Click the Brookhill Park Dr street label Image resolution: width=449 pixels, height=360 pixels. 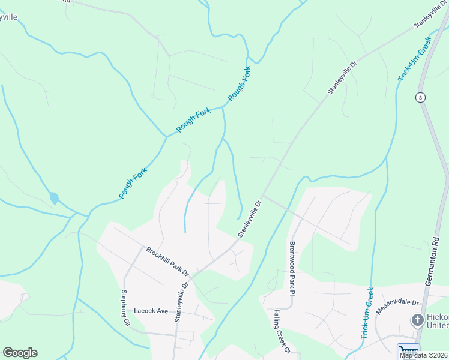pos(167,261)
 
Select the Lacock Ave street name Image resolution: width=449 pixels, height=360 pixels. pos(151,311)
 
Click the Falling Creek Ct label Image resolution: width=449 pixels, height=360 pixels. pos(282,331)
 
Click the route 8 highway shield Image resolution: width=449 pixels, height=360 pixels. pos(419,97)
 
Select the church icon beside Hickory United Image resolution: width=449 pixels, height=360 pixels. pos(417,320)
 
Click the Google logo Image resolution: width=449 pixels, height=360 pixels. pos(20,353)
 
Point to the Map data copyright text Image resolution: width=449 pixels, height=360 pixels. pos(424,355)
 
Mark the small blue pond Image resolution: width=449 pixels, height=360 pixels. pos(54,197)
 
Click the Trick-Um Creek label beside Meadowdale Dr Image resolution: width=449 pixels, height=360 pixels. pos(367,313)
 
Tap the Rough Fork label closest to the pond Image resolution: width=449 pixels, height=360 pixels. pos(133,183)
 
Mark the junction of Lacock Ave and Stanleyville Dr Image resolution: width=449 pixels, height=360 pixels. pos(176,314)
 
